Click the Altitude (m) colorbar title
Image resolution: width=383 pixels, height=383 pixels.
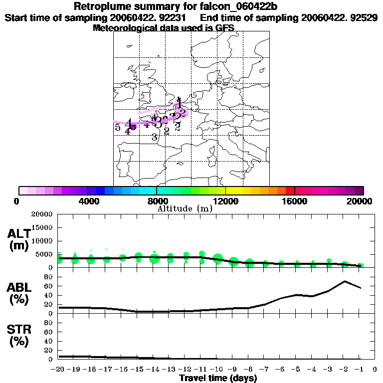point(185,208)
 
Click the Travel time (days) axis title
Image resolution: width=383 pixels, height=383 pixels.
point(218,378)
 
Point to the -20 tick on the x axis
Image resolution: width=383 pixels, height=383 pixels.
point(58,370)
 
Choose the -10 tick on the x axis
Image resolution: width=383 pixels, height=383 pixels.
point(216,370)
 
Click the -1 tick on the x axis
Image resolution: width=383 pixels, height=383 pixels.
point(359,370)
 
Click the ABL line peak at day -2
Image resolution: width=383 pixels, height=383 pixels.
point(345,281)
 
